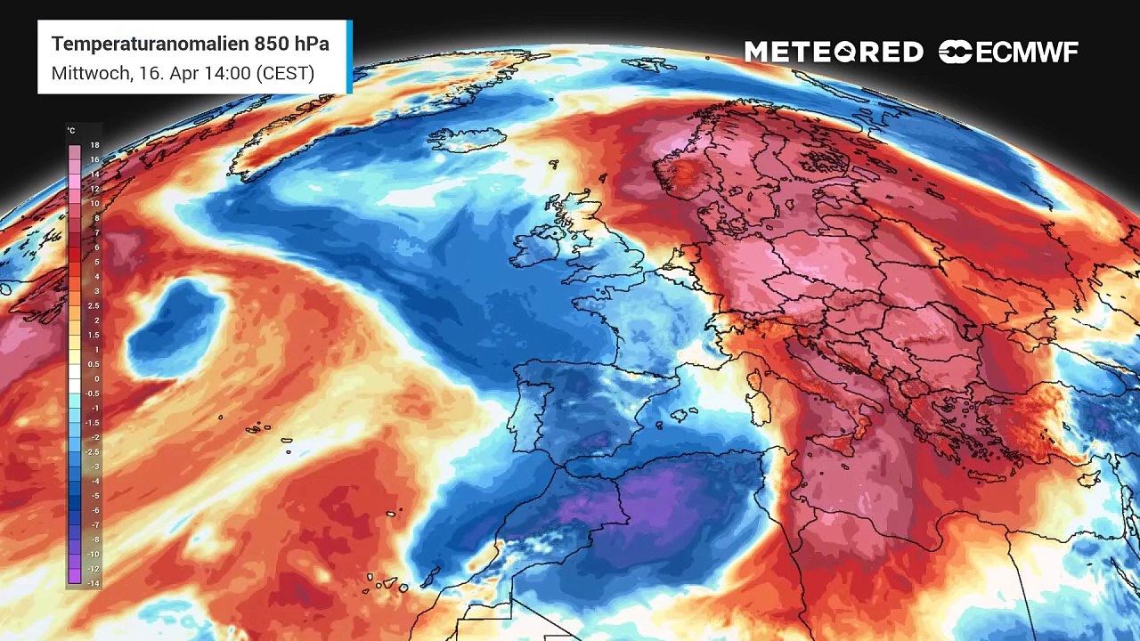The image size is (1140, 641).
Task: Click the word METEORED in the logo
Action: tap(834, 53)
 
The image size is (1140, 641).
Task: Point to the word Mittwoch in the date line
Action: tap(90, 73)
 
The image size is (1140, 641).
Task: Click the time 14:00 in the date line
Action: tap(228, 73)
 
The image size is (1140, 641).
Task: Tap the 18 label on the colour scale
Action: tap(94, 145)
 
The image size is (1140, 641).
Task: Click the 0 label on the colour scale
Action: tap(96, 378)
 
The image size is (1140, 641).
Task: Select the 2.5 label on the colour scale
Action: tap(94, 305)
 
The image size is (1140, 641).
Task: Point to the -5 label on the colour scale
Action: tap(94, 495)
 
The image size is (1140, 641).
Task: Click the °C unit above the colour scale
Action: tap(71, 131)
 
